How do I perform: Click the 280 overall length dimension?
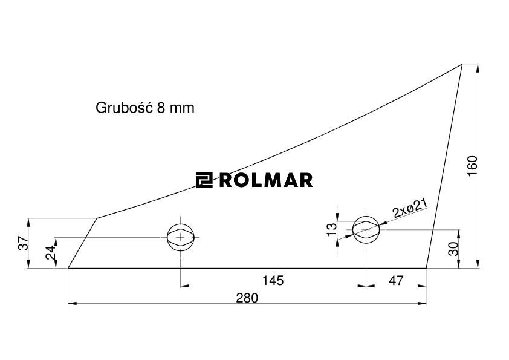pyautogui.click(x=247, y=298)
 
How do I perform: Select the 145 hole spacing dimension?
pyautogui.click(x=273, y=280)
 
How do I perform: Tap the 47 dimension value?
pyautogui.click(x=396, y=280)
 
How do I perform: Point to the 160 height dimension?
pyautogui.click(x=473, y=165)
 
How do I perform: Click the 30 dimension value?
pyautogui.click(x=453, y=249)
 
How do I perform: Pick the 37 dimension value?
pyautogui.click(x=23, y=243)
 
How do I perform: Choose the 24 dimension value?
pyautogui.click(x=51, y=252)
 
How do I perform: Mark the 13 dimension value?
pyautogui.click(x=331, y=229)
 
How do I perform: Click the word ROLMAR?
pyautogui.click(x=265, y=180)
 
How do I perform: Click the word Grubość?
pyautogui.click(x=123, y=108)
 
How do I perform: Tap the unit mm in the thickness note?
pyautogui.click(x=182, y=108)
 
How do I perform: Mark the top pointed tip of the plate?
pyautogui.click(x=462, y=64)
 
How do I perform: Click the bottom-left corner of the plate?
pyautogui.click(x=68, y=268)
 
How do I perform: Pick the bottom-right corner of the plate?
pyautogui.click(x=426, y=268)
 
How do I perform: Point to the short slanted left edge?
pyautogui.click(x=83, y=243)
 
